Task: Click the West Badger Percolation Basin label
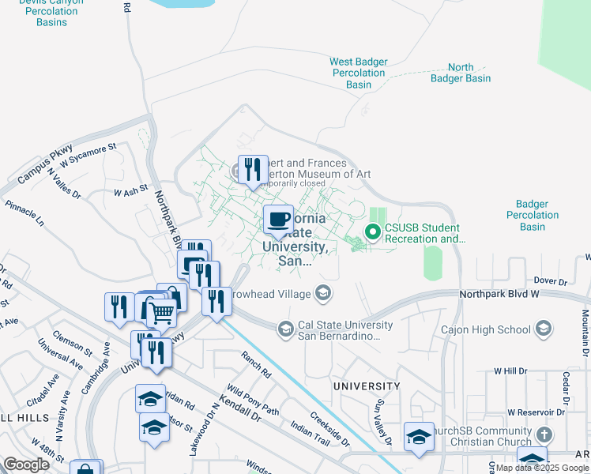(358, 73)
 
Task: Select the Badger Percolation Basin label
(533, 215)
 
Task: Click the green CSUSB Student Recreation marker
(373, 231)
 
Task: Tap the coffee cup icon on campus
(277, 220)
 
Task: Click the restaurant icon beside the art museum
(253, 170)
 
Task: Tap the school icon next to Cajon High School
(543, 328)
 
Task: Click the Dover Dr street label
(551, 280)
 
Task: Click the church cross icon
(543, 434)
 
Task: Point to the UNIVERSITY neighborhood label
(366, 386)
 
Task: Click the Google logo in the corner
(27, 465)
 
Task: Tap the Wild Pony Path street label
(253, 399)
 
